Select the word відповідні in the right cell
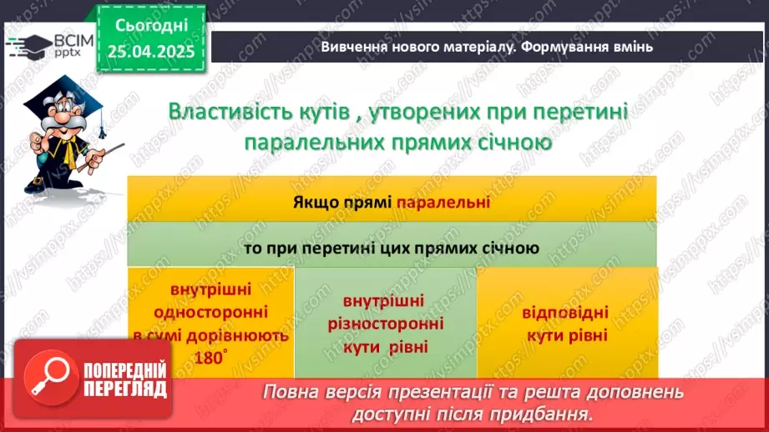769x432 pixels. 566,314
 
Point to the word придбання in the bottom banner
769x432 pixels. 555,413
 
